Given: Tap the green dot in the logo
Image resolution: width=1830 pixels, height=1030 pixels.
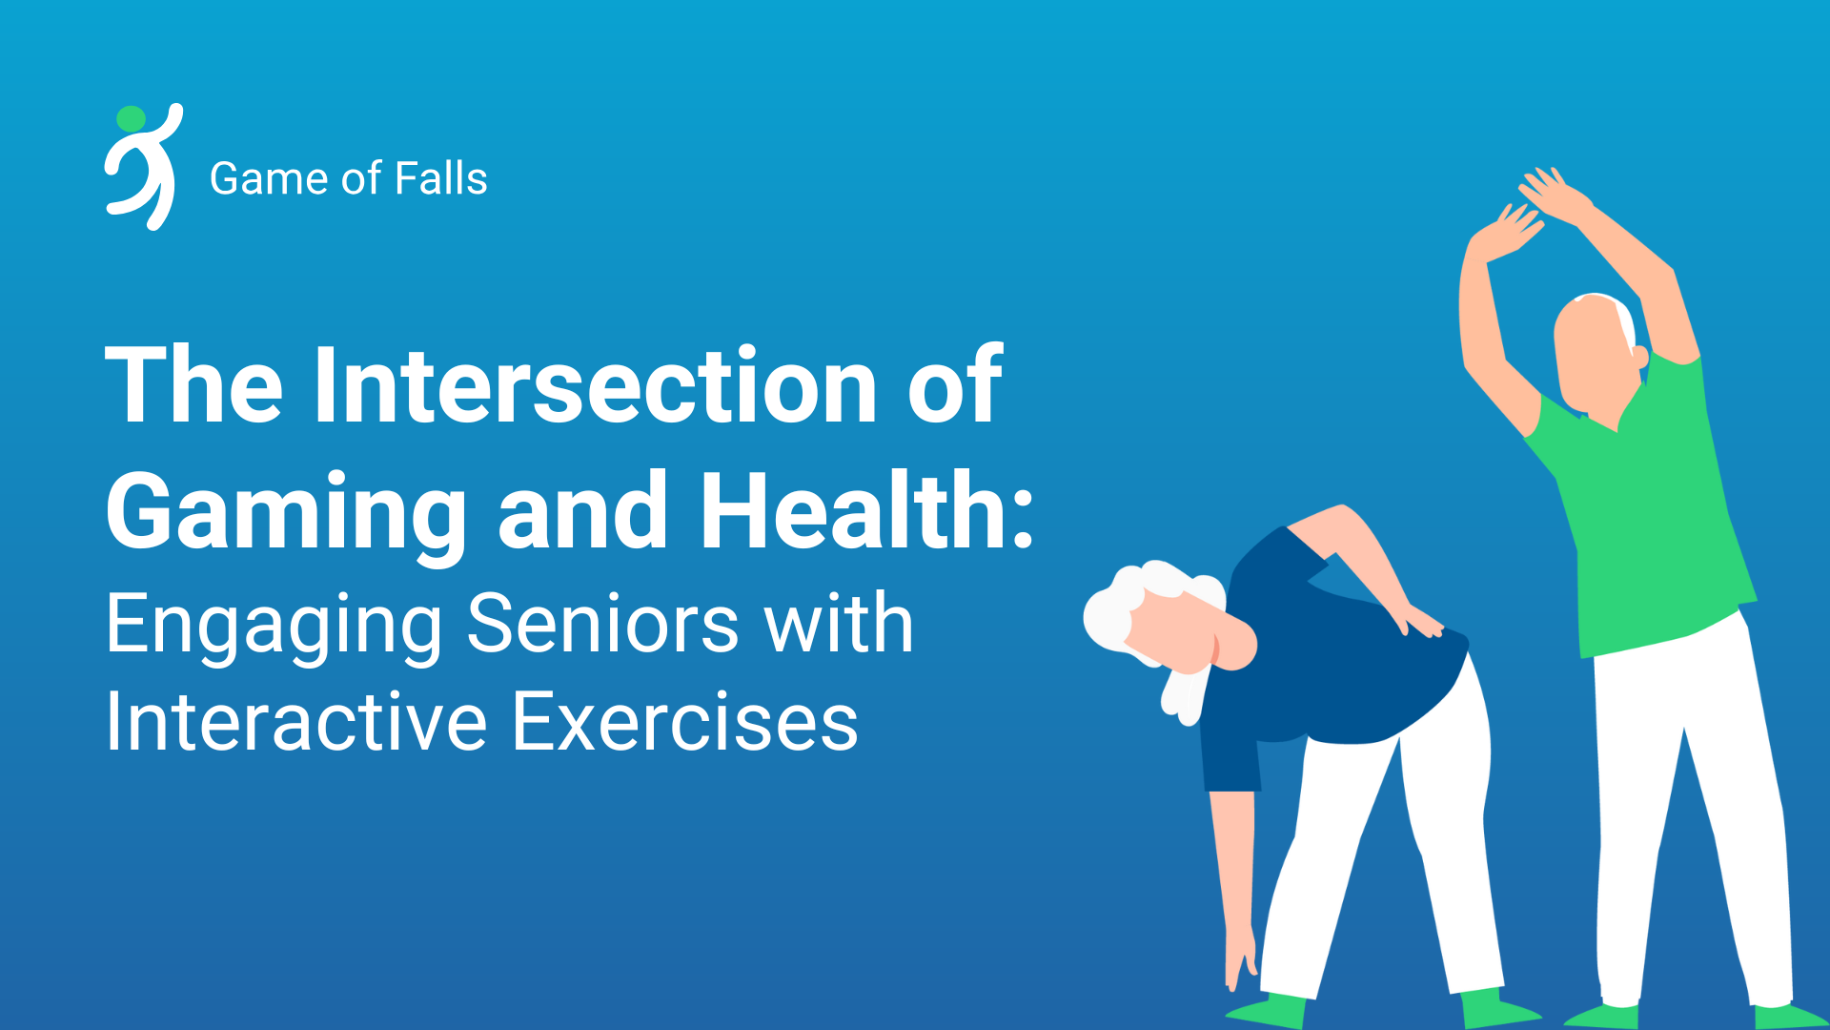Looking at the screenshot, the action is click(131, 119).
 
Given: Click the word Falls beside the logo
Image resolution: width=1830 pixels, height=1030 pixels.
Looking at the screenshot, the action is click(441, 178).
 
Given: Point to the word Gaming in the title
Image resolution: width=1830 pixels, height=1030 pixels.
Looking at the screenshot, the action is click(286, 515).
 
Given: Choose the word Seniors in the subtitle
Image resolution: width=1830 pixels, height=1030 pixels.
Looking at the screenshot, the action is click(602, 625).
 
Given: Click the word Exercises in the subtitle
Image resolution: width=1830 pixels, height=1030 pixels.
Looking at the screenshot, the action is click(685, 722).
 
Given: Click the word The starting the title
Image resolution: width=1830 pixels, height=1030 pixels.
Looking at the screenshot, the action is click(194, 385).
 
